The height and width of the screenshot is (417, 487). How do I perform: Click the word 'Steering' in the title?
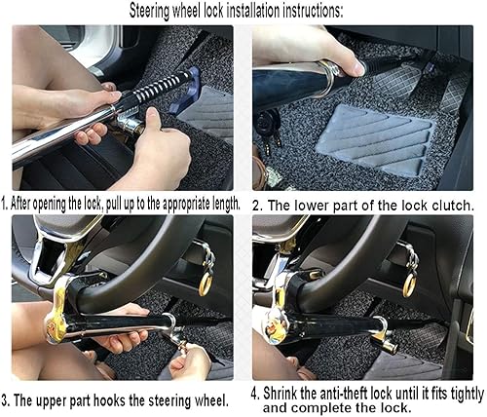point(159,10)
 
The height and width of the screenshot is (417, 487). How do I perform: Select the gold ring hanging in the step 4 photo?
point(408,284)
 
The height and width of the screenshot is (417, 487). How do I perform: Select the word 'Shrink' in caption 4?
point(288,393)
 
